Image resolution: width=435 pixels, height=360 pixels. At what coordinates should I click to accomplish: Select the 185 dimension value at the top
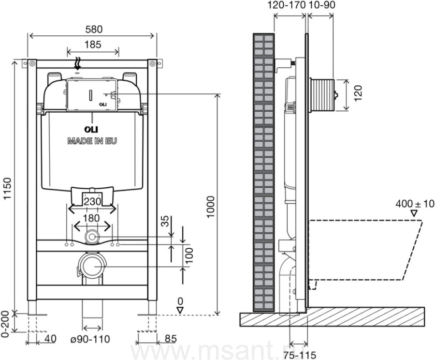(93, 45)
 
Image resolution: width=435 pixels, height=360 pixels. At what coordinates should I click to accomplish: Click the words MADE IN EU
(92, 141)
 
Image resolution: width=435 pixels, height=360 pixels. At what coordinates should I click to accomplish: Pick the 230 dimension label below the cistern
(92, 201)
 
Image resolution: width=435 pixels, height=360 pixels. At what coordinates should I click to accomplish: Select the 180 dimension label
(92, 218)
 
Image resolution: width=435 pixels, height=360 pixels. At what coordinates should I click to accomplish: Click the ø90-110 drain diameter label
(89, 339)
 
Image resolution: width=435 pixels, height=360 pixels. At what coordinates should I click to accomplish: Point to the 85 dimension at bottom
(171, 339)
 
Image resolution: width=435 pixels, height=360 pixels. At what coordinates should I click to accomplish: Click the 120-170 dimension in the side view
(287, 5)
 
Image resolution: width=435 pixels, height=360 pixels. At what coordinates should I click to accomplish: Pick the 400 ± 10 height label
(415, 204)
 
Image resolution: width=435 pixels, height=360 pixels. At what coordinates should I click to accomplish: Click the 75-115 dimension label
(300, 355)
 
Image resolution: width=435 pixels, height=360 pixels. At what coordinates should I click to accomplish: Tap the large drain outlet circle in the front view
(92, 266)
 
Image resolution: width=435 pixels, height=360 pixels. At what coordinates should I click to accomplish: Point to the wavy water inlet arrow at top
(78, 63)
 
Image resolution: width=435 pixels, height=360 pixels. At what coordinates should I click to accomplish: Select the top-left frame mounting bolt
(32, 63)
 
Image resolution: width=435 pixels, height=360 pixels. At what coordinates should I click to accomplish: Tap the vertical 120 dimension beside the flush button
(358, 93)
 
